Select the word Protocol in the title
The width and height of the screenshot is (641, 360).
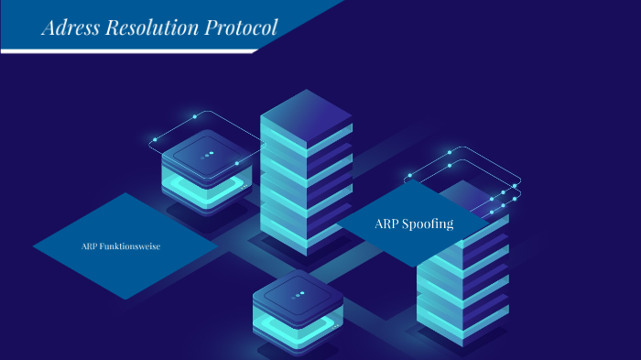click(243, 27)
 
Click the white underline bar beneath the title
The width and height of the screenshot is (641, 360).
click(128, 51)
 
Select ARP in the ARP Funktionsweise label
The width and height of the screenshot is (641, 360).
click(90, 245)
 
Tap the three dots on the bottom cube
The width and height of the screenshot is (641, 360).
click(299, 295)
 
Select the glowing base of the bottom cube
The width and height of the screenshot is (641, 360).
click(298, 331)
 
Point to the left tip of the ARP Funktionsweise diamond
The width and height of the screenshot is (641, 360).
click(35, 245)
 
